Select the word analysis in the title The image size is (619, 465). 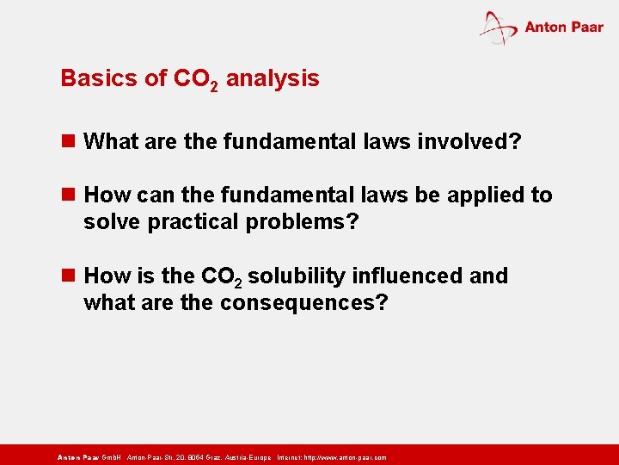pyautogui.click(x=273, y=78)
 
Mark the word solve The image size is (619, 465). pyautogui.click(x=113, y=222)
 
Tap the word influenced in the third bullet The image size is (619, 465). pyautogui.click(x=406, y=276)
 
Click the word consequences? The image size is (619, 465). pyautogui.click(x=304, y=303)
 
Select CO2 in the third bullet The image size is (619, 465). pyautogui.click(x=221, y=277)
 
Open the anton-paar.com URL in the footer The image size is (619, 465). pyautogui.click(x=343, y=457)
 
